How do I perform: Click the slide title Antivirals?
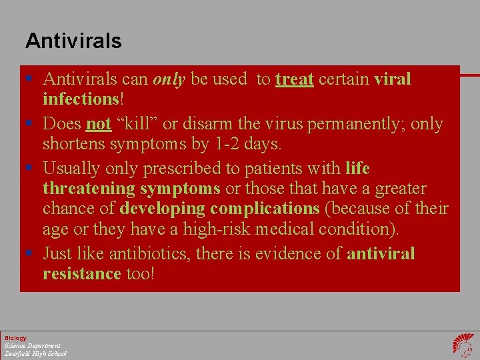pos(73,41)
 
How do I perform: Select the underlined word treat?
pos(294,79)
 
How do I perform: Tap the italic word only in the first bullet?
pos(169,79)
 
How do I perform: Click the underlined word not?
pos(98,124)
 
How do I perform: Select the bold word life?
pos(357,168)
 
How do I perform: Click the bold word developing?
pos(163,209)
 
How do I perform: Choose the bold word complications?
pos(265,209)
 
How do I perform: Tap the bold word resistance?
pos(81,274)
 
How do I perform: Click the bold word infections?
pos(80,99)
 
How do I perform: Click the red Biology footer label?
pos(15,338)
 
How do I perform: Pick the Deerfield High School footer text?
pos(35,353)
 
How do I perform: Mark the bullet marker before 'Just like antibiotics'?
pos(31,254)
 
